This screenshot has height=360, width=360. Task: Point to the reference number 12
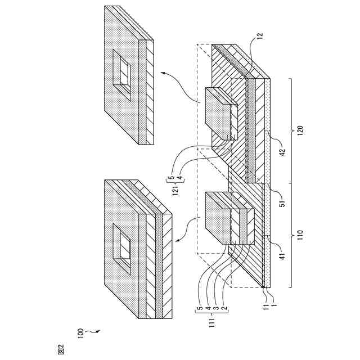coord(259,36)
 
